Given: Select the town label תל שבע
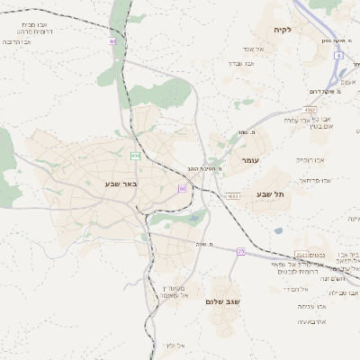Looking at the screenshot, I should (269, 194).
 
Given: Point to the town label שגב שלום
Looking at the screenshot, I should (220, 301).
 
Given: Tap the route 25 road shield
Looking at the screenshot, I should (241, 251).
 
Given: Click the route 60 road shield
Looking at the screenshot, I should (182, 188).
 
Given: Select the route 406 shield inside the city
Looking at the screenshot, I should (135, 156).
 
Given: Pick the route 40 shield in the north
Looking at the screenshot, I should (112, 41).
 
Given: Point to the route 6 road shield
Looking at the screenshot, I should (338, 56).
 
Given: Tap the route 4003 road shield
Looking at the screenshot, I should (233, 195).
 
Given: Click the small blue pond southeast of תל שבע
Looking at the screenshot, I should (279, 231).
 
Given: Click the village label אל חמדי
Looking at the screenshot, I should (295, 289).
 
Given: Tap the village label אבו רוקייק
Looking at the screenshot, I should (310, 159).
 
